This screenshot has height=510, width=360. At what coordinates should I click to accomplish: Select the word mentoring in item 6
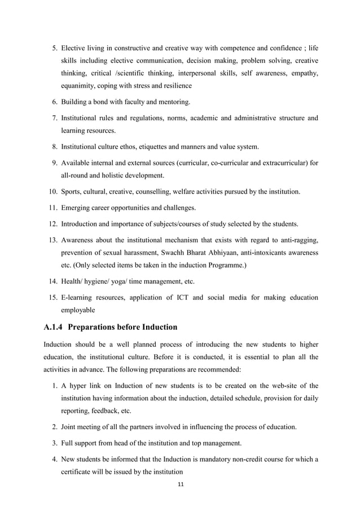[175, 102]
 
